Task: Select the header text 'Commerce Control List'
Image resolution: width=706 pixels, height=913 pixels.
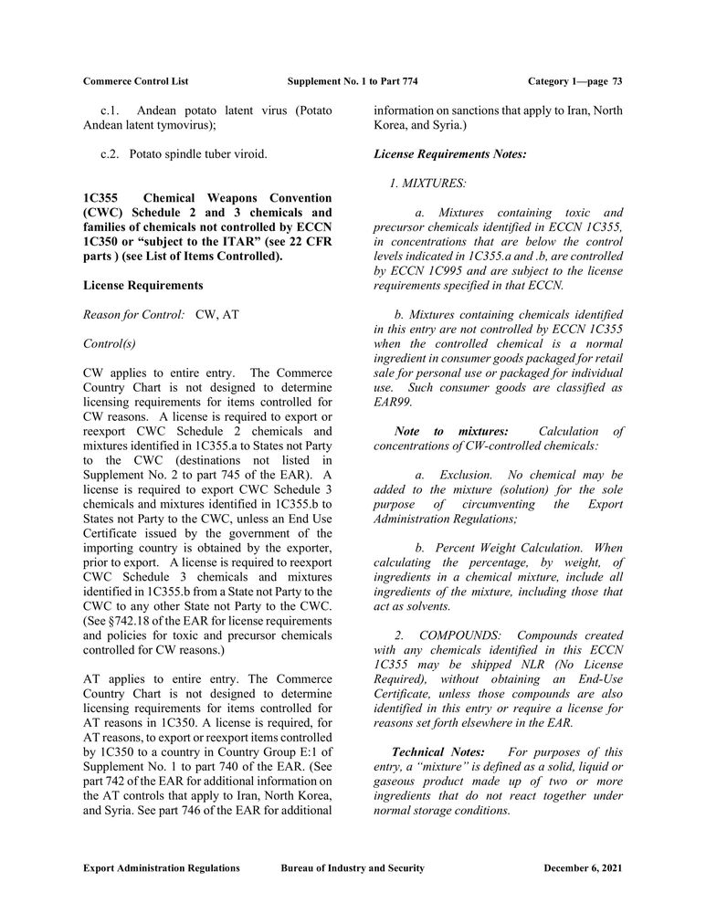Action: (135, 81)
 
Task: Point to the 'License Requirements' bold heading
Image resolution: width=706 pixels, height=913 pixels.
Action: (142, 286)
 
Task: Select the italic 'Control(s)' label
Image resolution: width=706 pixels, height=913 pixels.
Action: (109, 344)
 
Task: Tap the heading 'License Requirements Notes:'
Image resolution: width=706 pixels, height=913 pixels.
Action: (450, 154)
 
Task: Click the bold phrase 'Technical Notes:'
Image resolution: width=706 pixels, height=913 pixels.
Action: (432, 751)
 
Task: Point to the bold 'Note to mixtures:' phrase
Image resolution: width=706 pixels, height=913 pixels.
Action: (450, 431)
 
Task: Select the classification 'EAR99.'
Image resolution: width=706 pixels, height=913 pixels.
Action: (393, 402)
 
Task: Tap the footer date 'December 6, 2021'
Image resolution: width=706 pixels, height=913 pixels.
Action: (583, 867)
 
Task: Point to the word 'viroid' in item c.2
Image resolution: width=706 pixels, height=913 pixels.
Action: (248, 154)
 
